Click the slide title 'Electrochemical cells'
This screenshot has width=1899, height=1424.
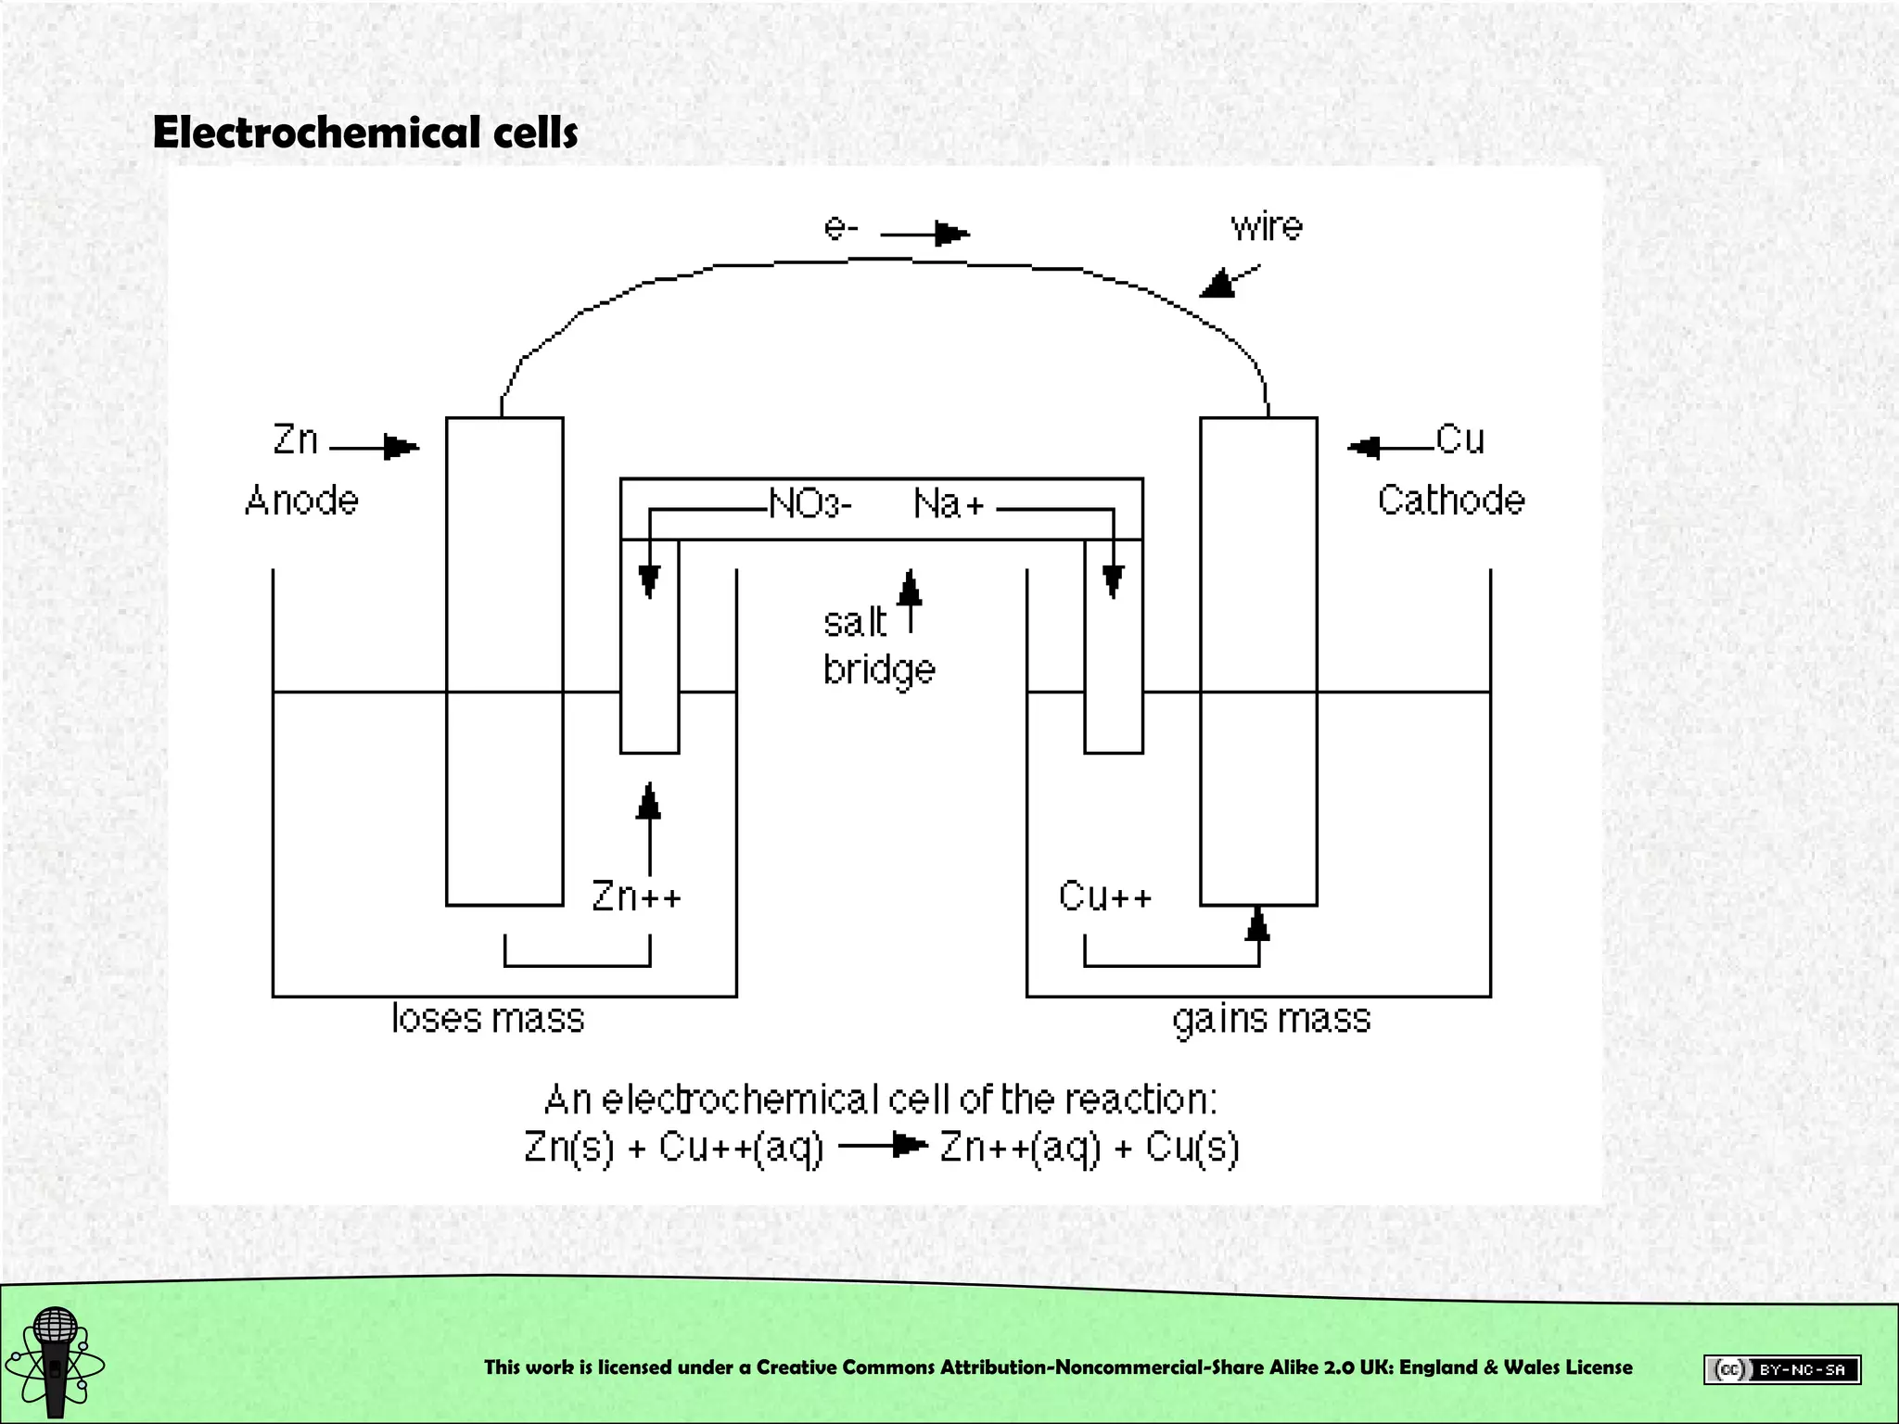click(x=364, y=133)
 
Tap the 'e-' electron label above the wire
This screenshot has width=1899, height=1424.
click(x=841, y=228)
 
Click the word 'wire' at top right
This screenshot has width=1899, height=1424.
click(x=1266, y=226)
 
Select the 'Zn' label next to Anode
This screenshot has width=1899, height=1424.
click(x=295, y=439)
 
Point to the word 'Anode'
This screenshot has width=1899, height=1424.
click(x=301, y=501)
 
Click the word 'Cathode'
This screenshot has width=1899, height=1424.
click(x=1450, y=501)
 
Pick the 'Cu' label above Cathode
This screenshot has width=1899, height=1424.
click(x=1459, y=439)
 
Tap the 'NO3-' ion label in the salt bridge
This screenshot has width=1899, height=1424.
click(x=809, y=504)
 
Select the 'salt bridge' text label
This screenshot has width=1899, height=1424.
click(x=876, y=646)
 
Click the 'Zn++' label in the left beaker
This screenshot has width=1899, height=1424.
click(x=636, y=896)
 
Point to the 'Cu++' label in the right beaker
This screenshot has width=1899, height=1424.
click(x=1104, y=896)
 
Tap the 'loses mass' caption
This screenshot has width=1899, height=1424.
click(x=488, y=1019)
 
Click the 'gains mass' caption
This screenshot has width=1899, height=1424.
click(x=1271, y=1019)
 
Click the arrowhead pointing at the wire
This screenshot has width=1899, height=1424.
click(x=1219, y=283)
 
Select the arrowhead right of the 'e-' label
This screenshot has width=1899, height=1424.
click(x=950, y=234)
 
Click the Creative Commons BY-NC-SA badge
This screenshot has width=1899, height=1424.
click(x=1781, y=1369)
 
